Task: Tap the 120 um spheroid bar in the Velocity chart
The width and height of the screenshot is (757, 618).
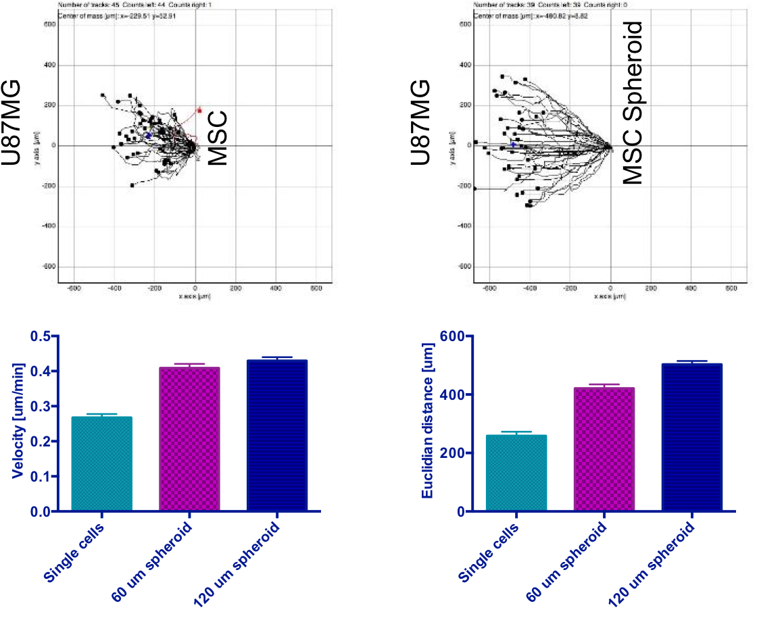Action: click(x=276, y=436)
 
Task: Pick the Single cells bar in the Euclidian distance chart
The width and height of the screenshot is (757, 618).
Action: click(x=516, y=473)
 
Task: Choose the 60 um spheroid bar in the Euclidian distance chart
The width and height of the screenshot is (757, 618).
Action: click(x=604, y=449)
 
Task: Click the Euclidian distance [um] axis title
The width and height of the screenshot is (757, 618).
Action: click(x=427, y=423)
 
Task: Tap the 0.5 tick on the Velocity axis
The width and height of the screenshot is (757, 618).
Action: click(x=45, y=336)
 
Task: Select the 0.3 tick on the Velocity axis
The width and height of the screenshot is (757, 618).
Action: click(x=45, y=407)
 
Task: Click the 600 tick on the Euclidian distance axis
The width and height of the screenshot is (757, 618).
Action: click(x=454, y=336)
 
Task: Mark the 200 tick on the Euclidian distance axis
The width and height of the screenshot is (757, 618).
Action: click(x=454, y=453)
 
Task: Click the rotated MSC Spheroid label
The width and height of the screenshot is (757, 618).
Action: click(x=632, y=103)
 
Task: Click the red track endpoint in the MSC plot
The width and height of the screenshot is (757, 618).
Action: click(x=199, y=110)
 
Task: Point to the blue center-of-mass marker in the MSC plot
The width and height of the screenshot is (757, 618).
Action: click(x=148, y=135)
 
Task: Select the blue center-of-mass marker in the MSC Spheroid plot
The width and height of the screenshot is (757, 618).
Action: click(x=513, y=144)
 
